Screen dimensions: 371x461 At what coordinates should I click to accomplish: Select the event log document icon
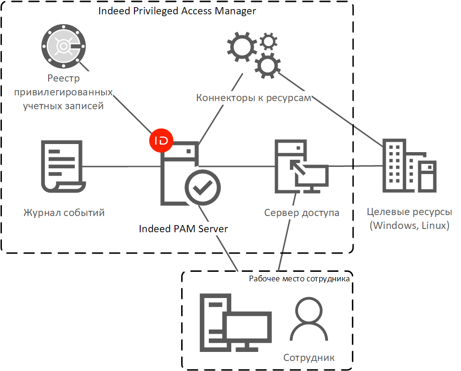click(61, 166)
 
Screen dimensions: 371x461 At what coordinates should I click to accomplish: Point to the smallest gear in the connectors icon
click(268, 42)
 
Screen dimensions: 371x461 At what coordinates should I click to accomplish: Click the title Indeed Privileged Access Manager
click(177, 11)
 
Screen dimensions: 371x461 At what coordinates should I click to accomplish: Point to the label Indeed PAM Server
click(183, 229)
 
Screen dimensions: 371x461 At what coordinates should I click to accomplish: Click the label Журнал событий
click(64, 213)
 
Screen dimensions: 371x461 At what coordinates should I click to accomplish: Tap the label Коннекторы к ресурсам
click(254, 98)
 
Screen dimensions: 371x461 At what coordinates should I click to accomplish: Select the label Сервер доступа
click(302, 213)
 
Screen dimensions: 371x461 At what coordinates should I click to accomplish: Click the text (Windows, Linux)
click(410, 225)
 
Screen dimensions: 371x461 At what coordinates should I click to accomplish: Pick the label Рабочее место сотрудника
click(299, 278)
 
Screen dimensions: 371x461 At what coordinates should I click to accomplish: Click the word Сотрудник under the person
click(309, 358)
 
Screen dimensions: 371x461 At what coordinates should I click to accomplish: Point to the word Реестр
click(63, 79)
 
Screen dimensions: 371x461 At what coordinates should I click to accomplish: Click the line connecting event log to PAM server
click(122, 166)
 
